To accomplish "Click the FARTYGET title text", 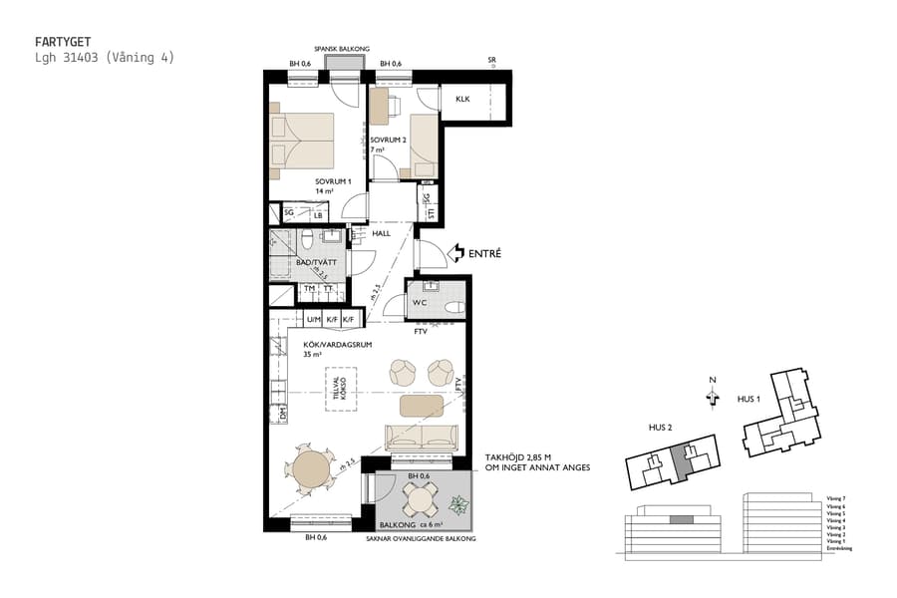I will (x=62, y=42).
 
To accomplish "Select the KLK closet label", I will (x=462, y=100).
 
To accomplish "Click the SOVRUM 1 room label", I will (x=334, y=181).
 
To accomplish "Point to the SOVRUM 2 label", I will (x=388, y=141).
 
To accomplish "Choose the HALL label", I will (x=381, y=234).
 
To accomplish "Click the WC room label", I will (x=420, y=302).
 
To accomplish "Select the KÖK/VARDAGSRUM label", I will (x=338, y=344).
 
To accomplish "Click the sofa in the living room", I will (x=422, y=435).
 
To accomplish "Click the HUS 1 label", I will (x=749, y=398).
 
